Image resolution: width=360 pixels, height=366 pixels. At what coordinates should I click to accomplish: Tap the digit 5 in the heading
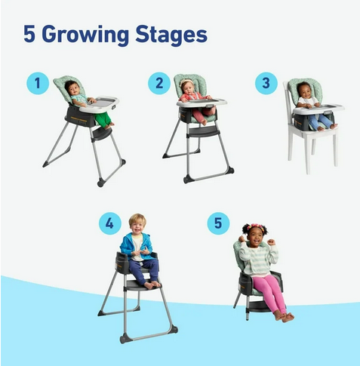pyautogui.click(x=29, y=35)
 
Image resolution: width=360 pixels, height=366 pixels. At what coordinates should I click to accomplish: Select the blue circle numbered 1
pyautogui.click(x=38, y=82)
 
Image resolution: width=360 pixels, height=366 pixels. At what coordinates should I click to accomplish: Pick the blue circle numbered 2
pyautogui.click(x=158, y=83)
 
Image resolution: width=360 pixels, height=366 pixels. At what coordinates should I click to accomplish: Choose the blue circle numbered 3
pyautogui.click(x=265, y=82)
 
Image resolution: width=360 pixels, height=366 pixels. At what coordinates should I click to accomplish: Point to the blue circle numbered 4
pyautogui.click(x=109, y=223)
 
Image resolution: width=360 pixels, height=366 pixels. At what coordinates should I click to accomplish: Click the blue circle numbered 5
pyautogui.click(x=217, y=223)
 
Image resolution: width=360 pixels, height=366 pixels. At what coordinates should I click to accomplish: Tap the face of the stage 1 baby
pyautogui.click(x=73, y=90)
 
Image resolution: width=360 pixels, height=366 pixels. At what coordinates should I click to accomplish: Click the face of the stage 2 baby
pyautogui.click(x=187, y=87)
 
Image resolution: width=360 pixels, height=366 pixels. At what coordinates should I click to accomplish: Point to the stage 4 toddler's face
pyautogui.click(x=137, y=223)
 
